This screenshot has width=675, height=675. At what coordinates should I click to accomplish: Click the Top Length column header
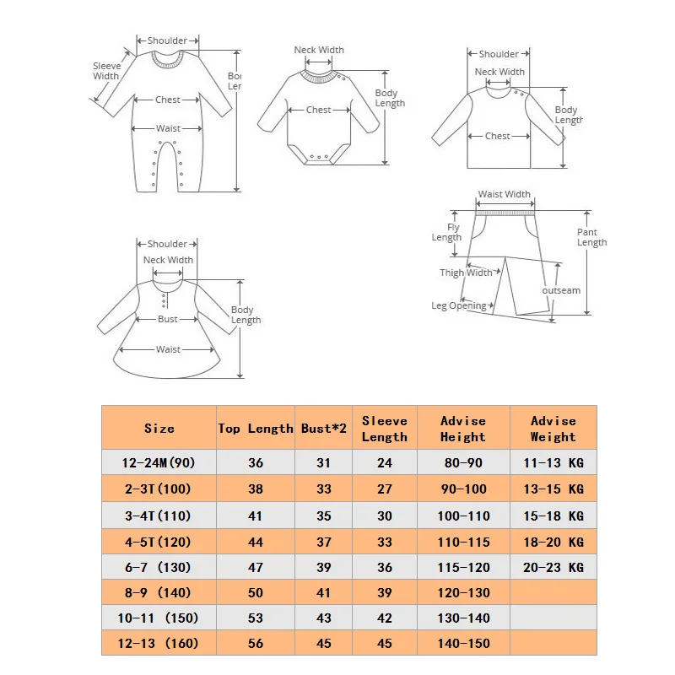(x=256, y=429)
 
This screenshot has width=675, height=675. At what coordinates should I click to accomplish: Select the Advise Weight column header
(x=553, y=429)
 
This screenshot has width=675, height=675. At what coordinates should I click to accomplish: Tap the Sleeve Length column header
(x=384, y=429)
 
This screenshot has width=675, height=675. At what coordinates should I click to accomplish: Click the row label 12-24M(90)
(x=159, y=462)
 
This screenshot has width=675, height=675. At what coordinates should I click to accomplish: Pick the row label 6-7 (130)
(x=159, y=568)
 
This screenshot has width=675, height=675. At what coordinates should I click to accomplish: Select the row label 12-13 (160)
(x=159, y=643)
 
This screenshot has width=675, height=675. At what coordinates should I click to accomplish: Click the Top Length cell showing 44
(x=256, y=542)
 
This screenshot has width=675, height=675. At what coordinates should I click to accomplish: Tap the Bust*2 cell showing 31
(x=324, y=462)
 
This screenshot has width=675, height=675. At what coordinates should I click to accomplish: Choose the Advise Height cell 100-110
(x=462, y=516)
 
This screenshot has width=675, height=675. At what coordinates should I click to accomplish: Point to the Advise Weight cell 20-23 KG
(x=553, y=568)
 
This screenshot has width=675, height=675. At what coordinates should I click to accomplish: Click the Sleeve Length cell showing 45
(x=384, y=643)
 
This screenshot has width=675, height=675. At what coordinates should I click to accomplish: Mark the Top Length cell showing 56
(x=256, y=643)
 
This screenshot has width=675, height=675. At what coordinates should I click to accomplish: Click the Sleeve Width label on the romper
(x=106, y=71)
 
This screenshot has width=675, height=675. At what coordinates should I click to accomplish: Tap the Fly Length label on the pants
(x=447, y=232)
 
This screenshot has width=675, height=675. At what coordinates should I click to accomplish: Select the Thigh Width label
(x=466, y=273)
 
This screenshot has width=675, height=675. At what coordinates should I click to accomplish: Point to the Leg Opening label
(x=459, y=305)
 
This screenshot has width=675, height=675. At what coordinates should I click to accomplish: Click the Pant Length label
(x=591, y=237)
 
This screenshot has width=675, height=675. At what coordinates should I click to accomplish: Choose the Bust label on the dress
(x=168, y=319)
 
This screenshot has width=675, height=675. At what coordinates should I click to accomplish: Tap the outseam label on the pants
(x=561, y=290)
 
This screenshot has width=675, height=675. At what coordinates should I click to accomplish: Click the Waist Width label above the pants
(x=505, y=194)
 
